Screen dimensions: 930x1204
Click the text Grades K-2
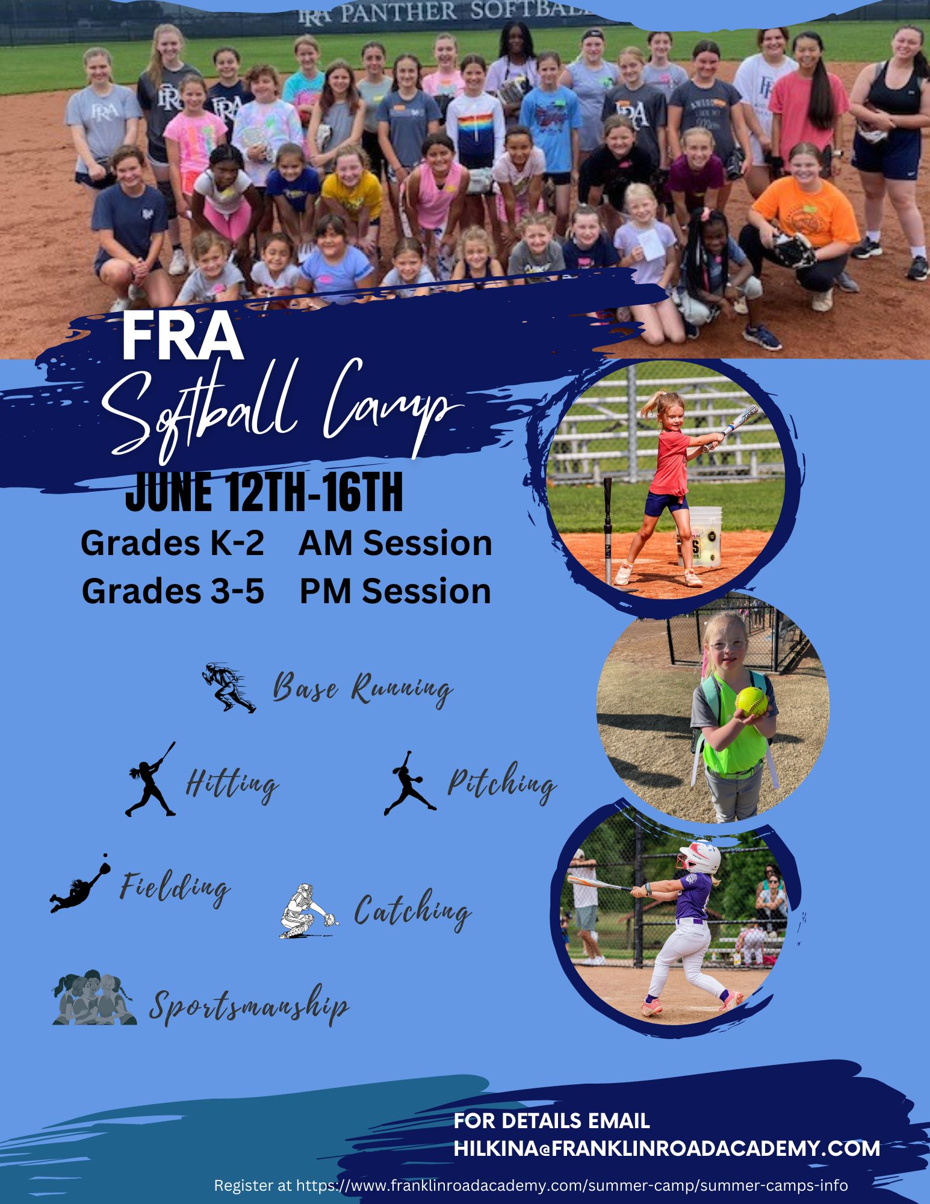172,544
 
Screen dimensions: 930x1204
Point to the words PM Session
395,591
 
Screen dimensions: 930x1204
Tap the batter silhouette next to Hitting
150,779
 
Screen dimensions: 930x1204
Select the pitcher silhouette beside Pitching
410,783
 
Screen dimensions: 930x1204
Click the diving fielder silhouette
80,884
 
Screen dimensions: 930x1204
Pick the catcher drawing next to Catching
308,911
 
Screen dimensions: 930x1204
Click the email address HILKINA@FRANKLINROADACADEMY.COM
667,1148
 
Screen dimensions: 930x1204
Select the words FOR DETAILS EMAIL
552,1120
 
